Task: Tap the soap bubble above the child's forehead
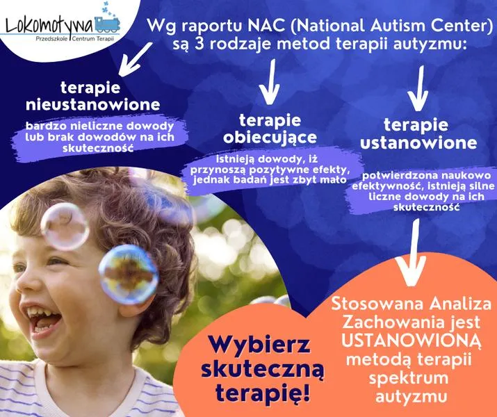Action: click(65, 226)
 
